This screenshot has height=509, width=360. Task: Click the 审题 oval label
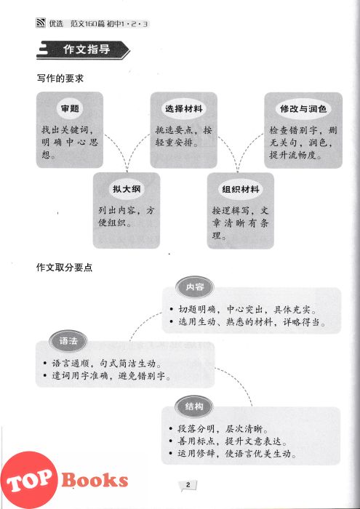pyautogui.click(x=70, y=109)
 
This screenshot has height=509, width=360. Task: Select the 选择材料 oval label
pyautogui.click(x=184, y=109)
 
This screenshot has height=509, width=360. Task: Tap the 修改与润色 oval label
pyautogui.click(x=303, y=109)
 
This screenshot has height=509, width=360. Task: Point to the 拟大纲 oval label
pyautogui.click(x=127, y=189)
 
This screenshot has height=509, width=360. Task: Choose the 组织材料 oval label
pyautogui.click(x=241, y=189)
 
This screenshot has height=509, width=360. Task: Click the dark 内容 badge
pyautogui.click(x=194, y=287)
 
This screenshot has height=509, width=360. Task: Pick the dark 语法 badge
pyautogui.click(x=68, y=341)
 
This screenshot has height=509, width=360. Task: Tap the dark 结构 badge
pyautogui.click(x=193, y=406)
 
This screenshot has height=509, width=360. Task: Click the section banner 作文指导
pyautogui.click(x=83, y=50)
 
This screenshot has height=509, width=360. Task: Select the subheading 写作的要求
pyautogui.click(x=60, y=79)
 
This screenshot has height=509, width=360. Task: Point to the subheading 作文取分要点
pyautogui.click(x=64, y=268)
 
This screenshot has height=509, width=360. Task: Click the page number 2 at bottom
pyautogui.click(x=188, y=485)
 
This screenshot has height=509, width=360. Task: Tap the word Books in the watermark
pyautogui.click(x=95, y=480)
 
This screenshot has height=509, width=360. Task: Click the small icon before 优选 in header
pyautogui.click(x=41, y=24)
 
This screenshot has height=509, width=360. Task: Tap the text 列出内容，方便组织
pyautogui.click(x=127, y=217)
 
